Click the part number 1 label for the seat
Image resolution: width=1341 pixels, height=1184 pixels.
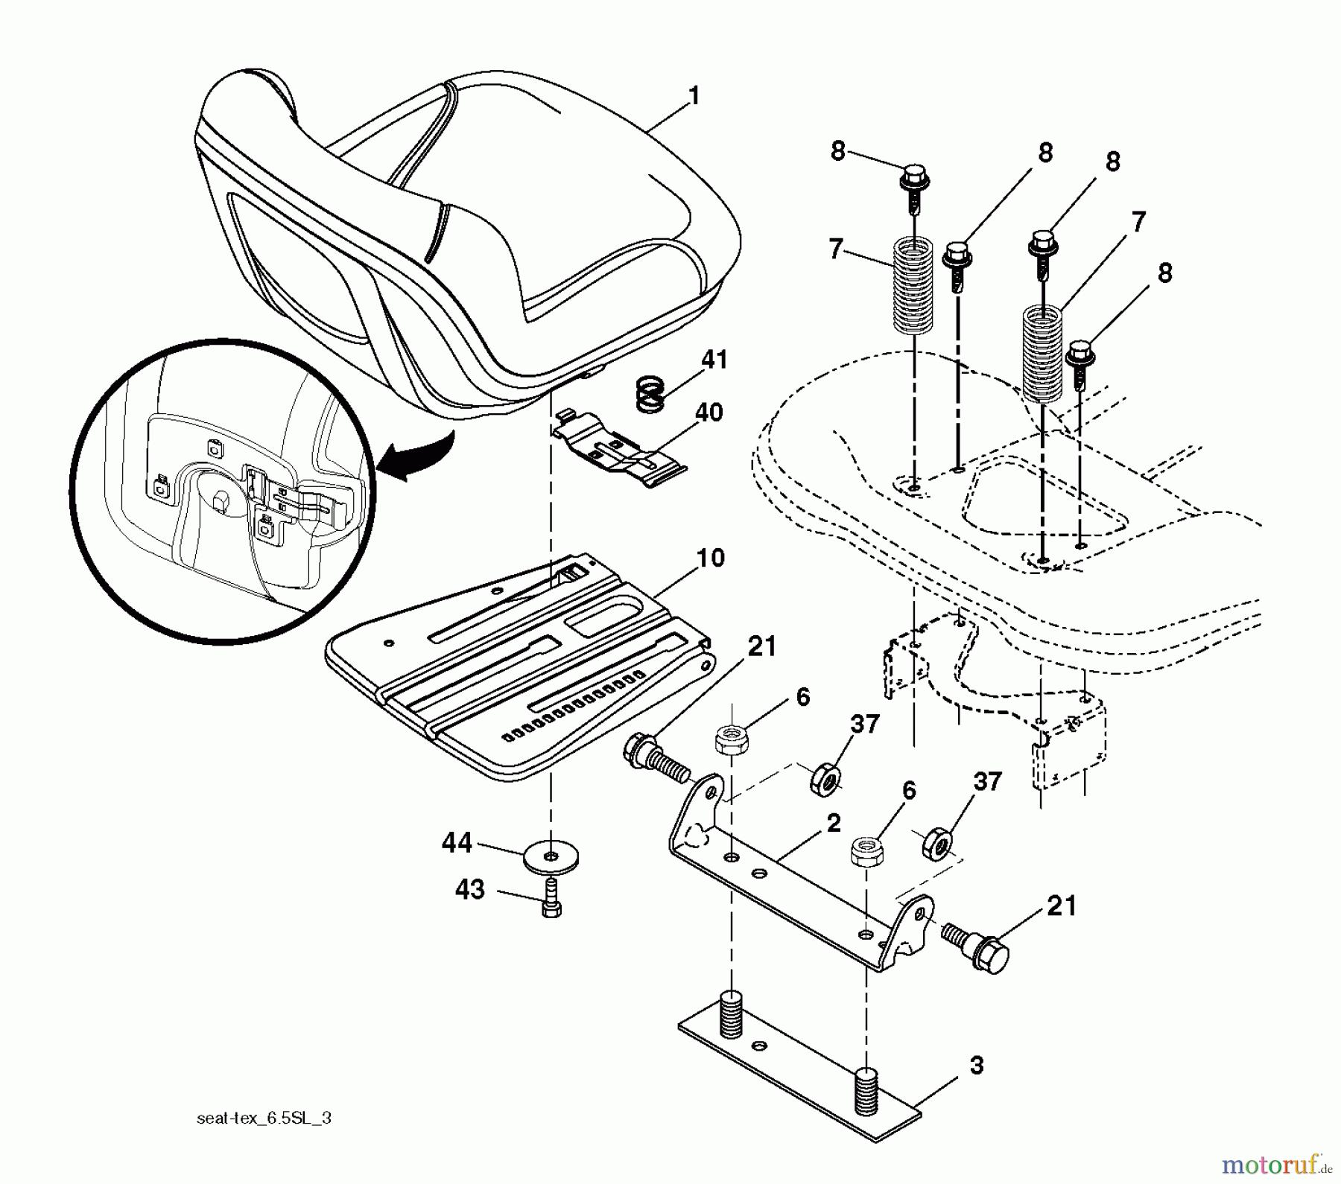click(x=694, y=97)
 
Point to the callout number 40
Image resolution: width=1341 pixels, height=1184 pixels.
click(x=708, y=412)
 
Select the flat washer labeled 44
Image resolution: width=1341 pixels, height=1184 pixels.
click(x=550, y=858)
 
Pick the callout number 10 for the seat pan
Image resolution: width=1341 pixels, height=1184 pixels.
click(x=711, y=557)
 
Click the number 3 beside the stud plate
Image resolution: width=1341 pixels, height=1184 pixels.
click(x=977, y=1066)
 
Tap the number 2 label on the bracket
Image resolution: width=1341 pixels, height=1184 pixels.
click(x=834, y=824)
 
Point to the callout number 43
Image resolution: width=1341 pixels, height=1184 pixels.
click(x=469, y=889)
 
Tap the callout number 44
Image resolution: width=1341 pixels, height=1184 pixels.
click(x=457, y=842)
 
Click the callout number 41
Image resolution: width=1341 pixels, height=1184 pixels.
click(x=713, y=360)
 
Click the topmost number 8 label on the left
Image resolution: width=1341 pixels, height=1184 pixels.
click(x=838, y=151)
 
